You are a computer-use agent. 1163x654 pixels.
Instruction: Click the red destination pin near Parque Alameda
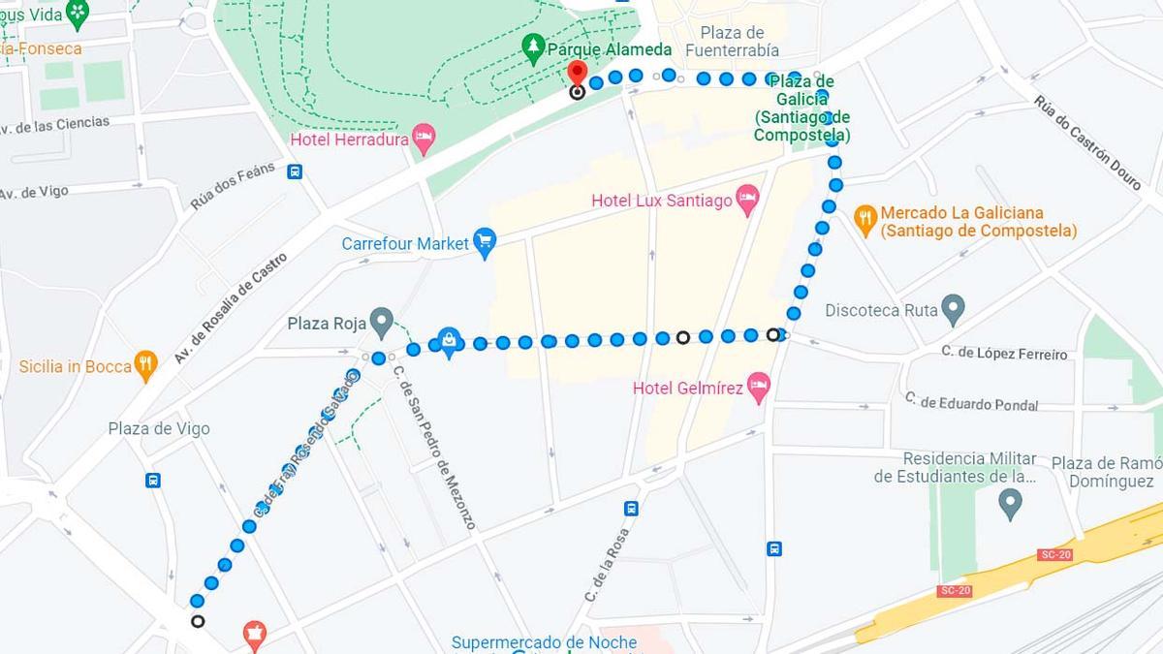tap(577, 73)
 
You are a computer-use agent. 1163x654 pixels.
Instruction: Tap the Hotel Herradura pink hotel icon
tap(424, 139)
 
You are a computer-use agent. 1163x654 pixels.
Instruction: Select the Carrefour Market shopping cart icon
tap(485, 243)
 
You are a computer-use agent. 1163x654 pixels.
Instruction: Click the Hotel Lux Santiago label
tap(662, 201)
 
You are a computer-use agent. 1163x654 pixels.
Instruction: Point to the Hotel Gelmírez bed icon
tap(758, 389)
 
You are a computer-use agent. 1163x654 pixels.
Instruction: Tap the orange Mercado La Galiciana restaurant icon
tap(865, 220)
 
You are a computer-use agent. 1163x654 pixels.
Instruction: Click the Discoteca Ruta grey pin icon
tap(953, 310)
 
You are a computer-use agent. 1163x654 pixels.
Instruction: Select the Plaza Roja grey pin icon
tap(382, 322)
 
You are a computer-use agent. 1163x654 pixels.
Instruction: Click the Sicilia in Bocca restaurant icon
tap(146, 366)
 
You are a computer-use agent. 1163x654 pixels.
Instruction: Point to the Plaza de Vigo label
tap(159, 428)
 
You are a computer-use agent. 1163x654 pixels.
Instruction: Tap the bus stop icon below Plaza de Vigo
tap(152, 480)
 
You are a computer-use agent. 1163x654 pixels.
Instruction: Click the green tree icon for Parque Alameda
tap(532, 47)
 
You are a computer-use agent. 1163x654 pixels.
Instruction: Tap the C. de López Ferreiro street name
tap(1004, 353)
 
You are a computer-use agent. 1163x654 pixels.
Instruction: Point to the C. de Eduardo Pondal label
tap(971, 401)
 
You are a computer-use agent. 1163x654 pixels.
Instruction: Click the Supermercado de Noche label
tap(545, 641)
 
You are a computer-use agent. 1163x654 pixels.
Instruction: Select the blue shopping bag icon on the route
tap(449, 341)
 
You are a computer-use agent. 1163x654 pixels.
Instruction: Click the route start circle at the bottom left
tap(198, 621)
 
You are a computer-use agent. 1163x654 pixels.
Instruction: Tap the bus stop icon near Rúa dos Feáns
tap(295, 171)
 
